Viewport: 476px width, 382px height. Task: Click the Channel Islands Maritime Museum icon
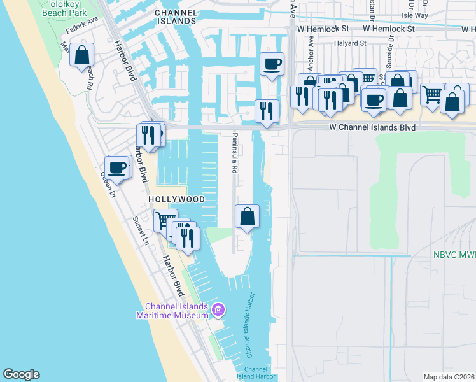(218, 309)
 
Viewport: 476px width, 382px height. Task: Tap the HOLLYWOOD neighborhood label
(177, 199)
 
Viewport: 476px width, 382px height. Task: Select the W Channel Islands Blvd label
(372, 127)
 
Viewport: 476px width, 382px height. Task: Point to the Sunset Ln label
(140, 230)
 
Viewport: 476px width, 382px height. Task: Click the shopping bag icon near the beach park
(82, 55)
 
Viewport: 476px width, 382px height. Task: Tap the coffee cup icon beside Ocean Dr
(116, 167)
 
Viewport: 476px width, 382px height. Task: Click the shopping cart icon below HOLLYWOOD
(165, 220)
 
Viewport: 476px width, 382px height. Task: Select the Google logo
(21, 374)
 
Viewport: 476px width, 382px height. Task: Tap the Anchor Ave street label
(311, 53)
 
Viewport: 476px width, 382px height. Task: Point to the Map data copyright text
(449, 377)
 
